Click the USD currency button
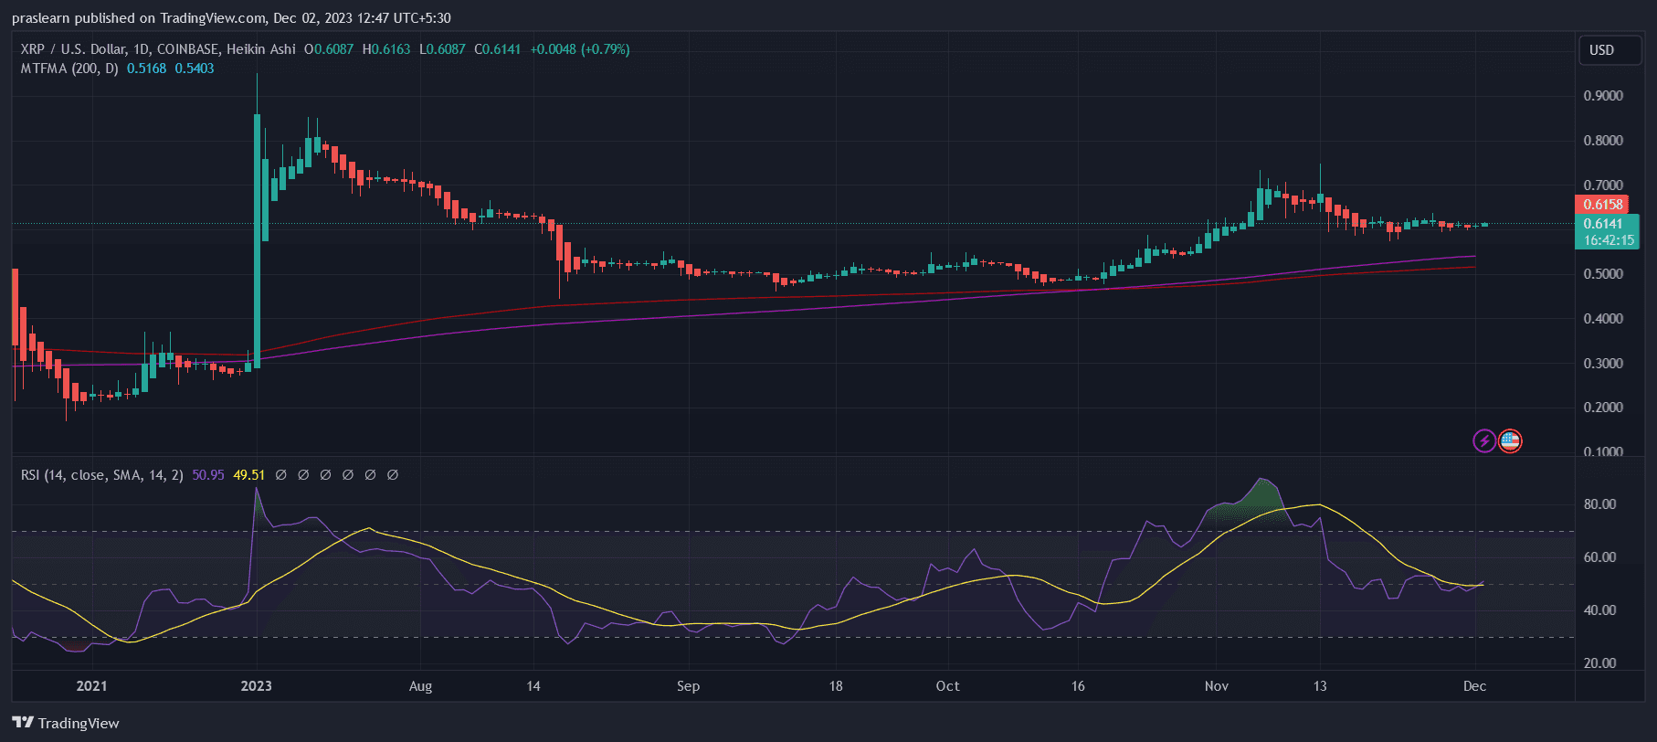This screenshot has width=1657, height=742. pos(1601,50)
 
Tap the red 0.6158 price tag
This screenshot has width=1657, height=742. pos(1603,205)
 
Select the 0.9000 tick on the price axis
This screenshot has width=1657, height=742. pos(1603,96)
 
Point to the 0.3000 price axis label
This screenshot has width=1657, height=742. pos(1603,364)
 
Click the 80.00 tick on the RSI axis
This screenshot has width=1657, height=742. pos(1599,504)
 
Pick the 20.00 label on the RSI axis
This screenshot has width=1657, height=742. pos(1599,663)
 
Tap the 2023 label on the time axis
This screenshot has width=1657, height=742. pos(256,686)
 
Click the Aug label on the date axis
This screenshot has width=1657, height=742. pos(420,686)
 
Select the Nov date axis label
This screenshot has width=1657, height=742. pos(1216,686)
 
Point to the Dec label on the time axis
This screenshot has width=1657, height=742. pos(1474,686)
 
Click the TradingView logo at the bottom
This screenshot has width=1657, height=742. pos(66,723)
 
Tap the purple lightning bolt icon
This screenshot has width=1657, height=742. pos(1484,441)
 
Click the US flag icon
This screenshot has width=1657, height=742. pos(1510,441)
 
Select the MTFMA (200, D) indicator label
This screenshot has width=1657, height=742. pos(69,69)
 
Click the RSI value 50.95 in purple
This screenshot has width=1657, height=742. pos(208,475)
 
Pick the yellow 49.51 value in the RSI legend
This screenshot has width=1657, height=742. pos(249,475)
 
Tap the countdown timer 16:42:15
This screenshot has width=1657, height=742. pos(1609,241)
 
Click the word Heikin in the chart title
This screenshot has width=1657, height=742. pos(247,49)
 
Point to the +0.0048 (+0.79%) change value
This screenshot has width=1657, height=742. pos(580,49)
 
